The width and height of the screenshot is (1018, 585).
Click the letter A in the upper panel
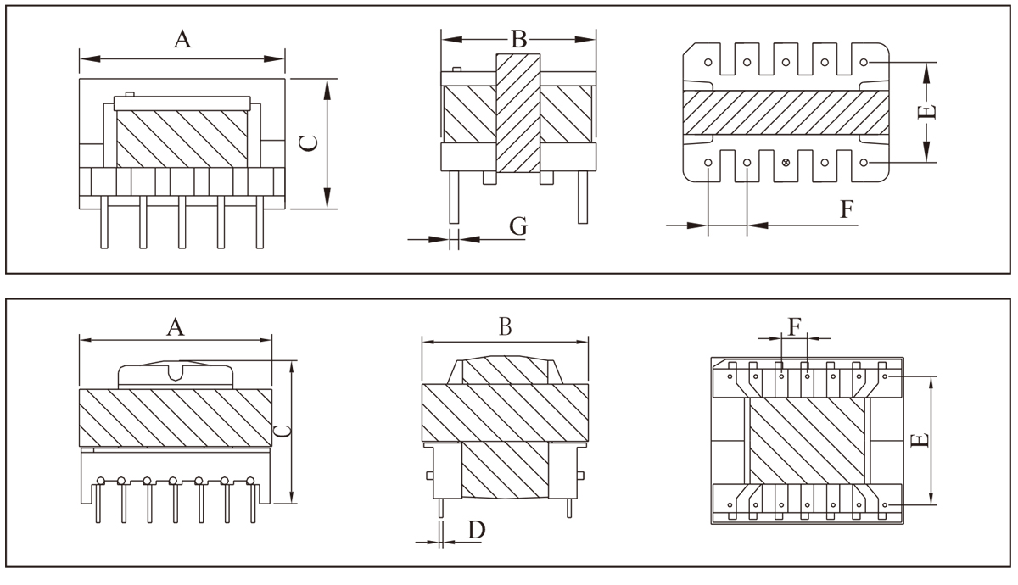[x=182, y=38]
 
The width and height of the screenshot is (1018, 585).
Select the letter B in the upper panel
[x=518, y=39]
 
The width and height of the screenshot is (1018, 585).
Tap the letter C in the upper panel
[x=311, y=144]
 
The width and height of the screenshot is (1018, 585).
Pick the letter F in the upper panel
[x=846, y=209]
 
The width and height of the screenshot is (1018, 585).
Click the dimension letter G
[x=518, y=226]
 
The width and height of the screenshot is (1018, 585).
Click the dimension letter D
[x=476, y=530]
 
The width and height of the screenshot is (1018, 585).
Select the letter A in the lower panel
[x=175, y=327]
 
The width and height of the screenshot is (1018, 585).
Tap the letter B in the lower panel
[x=505, y=327]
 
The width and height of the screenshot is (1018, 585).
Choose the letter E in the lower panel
[x=923, y=439]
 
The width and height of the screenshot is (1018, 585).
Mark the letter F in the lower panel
[x=794, y=327]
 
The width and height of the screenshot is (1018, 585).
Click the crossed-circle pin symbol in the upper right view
[x=786, y=162]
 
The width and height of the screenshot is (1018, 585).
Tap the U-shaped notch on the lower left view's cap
[x=176, y=371]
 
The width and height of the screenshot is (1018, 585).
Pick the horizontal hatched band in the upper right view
[x=786, y=111]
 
